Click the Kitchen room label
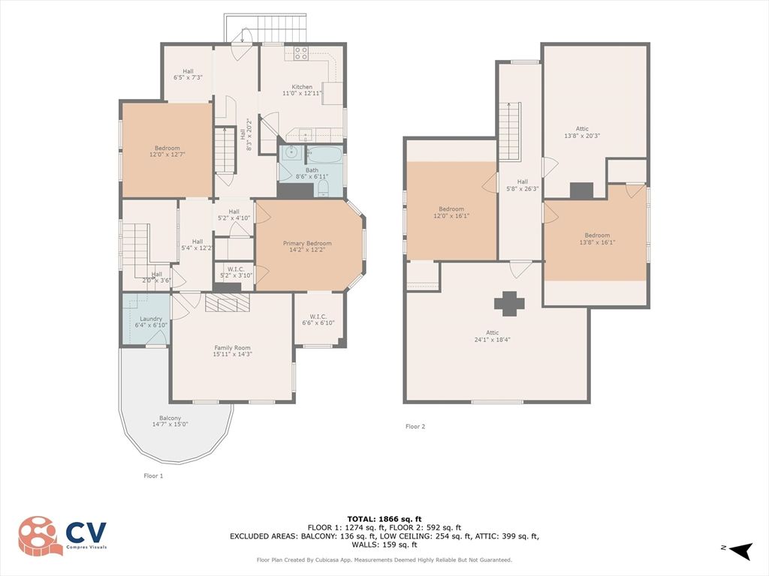297,90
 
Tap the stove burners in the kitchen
300,52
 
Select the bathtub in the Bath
324,157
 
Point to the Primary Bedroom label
306,247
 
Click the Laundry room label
151,322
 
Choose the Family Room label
232,351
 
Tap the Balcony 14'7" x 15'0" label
170,421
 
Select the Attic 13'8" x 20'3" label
582,132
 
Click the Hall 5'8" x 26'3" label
522,184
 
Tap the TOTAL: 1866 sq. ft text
384,519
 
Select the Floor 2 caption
415,427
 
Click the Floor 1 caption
153,475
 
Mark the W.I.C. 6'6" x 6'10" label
318,319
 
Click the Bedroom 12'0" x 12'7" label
167,151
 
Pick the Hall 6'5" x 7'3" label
188,74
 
